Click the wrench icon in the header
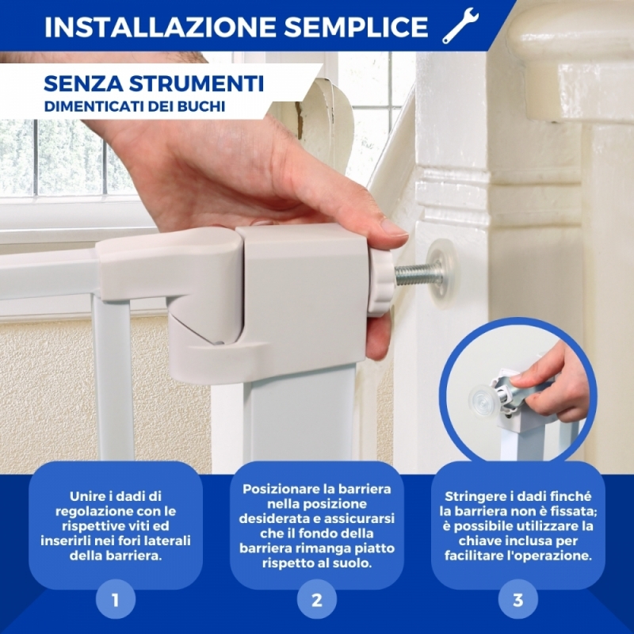pos(460,25)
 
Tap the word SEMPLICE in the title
pos(356,27)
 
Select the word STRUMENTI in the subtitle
pos(197,84)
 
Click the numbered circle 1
pos(115,599)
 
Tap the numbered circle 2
pos(316,599)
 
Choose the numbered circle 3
pos(518,599)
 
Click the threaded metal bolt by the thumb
pos(418,273)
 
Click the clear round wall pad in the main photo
pos(442,273)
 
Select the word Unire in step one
pos(87,496)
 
